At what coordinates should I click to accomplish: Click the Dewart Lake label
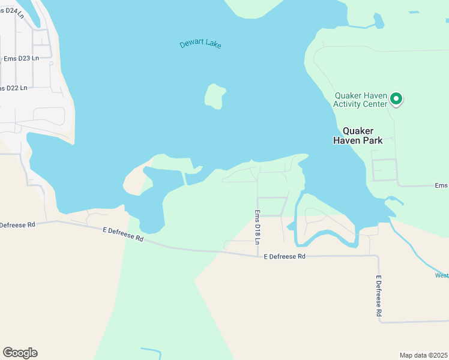pos(200,44)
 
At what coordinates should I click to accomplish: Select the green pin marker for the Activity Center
pos(396,98)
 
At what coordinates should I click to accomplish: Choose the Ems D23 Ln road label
pos(21,58)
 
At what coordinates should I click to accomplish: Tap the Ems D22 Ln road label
pos(14,88)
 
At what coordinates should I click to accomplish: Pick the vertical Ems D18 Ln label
pos(257,226)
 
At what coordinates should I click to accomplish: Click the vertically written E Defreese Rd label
pos(379,296)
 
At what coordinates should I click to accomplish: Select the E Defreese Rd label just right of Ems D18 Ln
pos(285,256)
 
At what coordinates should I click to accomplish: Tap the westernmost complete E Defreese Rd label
pos(123,234)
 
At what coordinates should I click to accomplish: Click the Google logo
pos(20,352)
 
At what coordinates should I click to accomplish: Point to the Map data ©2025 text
pos(423,355)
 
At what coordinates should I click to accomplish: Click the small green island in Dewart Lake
pos(214,97)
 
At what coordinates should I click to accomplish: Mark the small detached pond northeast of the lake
pos(378,21)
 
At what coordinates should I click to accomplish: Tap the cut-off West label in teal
pos(441,275)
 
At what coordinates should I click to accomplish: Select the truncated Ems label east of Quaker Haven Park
pos(441,186)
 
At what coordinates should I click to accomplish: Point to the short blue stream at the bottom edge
pos(152,351)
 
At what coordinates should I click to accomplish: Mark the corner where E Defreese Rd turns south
pos(377,256)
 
